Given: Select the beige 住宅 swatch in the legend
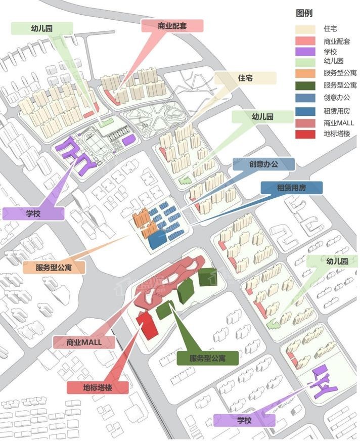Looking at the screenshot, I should (x=305, y=29).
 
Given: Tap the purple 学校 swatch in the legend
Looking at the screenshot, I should (x=305, y=52).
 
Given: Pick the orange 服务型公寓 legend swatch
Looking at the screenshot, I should (x=305, y=73).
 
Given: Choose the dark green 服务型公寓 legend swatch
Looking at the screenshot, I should (x=305, y=85).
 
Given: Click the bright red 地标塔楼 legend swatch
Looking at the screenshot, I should (x=305, y=134).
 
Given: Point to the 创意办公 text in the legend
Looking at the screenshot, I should (x=336, y=98).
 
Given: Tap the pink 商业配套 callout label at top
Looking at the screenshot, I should (x=172, y=26).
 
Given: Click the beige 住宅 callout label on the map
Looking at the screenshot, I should (x=245, y=78).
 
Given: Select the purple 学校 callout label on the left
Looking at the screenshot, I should (x=33, y=213).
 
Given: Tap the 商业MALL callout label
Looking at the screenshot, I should (x=84, y=342).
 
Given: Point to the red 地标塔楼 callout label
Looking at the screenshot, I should (x=98, y=388).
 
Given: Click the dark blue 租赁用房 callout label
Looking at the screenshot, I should (x=291, y=188).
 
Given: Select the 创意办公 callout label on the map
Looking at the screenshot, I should (x=263, y=164).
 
